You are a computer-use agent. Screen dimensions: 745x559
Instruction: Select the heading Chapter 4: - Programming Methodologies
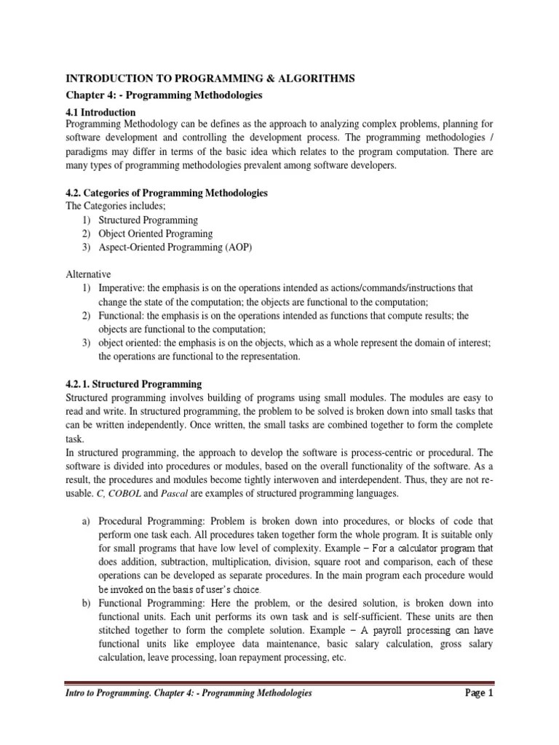click(164, 95)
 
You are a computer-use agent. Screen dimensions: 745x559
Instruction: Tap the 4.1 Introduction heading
click(101, 113)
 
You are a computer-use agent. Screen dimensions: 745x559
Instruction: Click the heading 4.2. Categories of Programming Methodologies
click(167, 193)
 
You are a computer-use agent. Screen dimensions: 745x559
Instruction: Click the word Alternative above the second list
click(88, 274)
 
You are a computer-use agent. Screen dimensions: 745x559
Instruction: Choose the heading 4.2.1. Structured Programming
click(134, 383)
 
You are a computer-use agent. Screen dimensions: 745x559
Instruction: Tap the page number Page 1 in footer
click(480, 693)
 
